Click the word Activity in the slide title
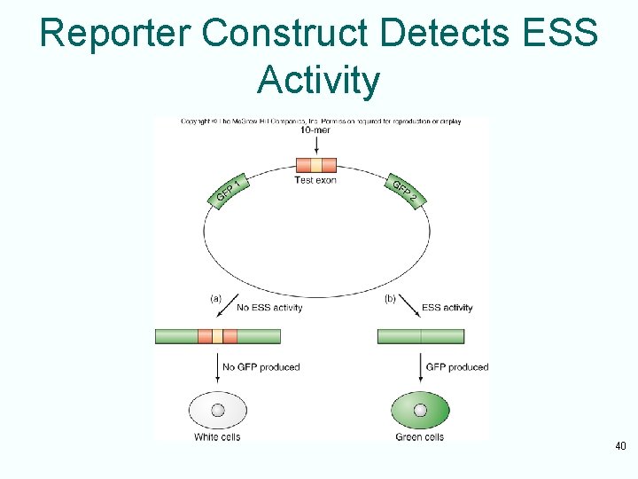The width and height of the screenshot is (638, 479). [x=318, y=80]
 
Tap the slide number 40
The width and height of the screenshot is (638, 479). [x=620, y=446]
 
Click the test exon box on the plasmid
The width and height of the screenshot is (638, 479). [x=316, y=164]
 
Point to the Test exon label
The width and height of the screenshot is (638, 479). [x=315, y=180]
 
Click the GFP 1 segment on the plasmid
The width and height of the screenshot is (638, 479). [x=230, y=191]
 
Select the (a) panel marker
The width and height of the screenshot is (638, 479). [x=215, y=299]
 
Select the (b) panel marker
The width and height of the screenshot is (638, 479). [x=390, y=299]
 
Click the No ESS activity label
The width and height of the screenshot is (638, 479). [x=269, y=308]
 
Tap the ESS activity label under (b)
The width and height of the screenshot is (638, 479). [x=447, y=308]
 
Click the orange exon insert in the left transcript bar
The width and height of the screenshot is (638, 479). [x=218, y=336]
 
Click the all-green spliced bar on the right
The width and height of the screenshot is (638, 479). [x=421, y=336]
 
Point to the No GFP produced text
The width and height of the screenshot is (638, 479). [x=261, y=366]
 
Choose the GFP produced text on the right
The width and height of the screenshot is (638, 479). [x=456, y=366]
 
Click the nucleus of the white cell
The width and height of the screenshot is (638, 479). [x=217, y=410]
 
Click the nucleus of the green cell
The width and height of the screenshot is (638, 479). [x=420, y=410]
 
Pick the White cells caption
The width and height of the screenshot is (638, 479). [x=217, y=436]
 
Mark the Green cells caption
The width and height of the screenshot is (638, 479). [x=420, y=436]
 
